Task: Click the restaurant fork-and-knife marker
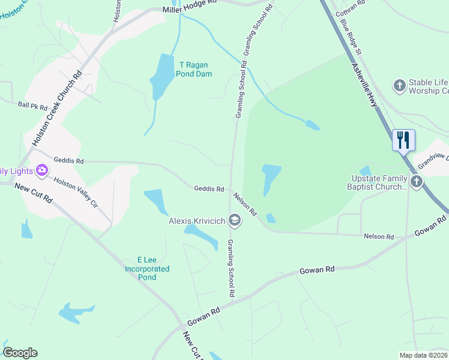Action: click(403, 140)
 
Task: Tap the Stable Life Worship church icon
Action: click(399, 86)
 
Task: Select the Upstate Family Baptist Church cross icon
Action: click(416, 180)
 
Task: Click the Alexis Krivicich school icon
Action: click(235, 221)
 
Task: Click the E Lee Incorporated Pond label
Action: click(147, 269)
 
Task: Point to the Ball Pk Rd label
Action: click(32, 106)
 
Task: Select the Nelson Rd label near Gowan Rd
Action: click(379, 237)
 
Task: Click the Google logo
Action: click(20, 353)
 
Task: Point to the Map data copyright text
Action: click(424, 355)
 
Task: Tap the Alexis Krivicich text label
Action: click(196, 221)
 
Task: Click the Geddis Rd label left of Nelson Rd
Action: click(209, 189)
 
